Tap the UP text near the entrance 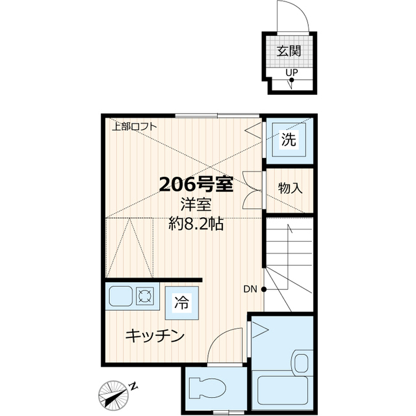pos(292,72)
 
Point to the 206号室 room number pos(196,185)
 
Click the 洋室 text pos(196,205)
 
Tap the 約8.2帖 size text pos(196,225)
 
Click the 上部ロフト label pos(134,127)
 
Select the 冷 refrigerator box pos(181,302)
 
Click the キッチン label pos(155,336)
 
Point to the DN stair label pos(252,289)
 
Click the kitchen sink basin pos(121,297)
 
